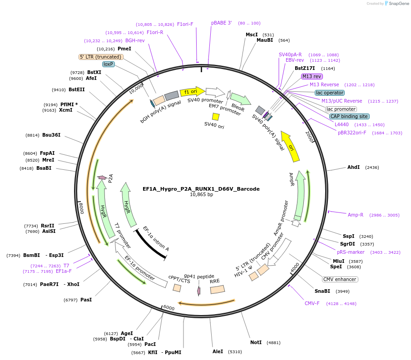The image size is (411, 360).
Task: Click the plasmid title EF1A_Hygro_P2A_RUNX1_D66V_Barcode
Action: click(x=201, y=188)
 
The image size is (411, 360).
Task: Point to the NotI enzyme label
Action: click(x=256, y=342)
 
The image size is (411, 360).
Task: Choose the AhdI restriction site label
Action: click(x=353, y=167)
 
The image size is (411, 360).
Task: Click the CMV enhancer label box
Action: click(x=340, y=279)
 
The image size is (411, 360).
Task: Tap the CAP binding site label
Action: click(x=349, y=116)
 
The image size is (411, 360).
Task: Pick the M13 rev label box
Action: click(x=312, y=76)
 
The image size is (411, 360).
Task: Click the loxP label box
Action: click(x=108, y=64)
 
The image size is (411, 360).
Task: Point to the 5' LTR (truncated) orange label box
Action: click(x=101, y=57)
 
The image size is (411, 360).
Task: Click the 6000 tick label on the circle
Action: click(x=168, y=308)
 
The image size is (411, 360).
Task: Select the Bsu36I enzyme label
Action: click(x=51, y=135)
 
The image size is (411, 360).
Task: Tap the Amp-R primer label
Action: click(x=356, y=215)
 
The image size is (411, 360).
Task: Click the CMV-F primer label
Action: click(x=312, y=303)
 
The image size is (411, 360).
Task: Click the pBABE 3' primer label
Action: click(x=222, y=23)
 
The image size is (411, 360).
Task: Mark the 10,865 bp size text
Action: click(x=201, y=195)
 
